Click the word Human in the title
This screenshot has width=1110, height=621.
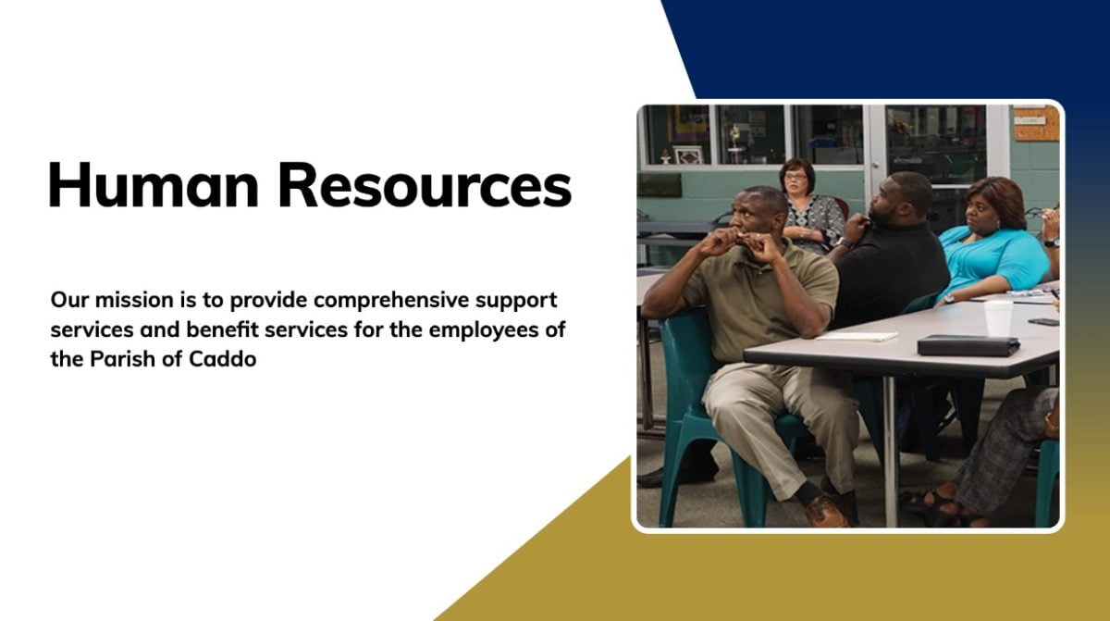tap(154, 184)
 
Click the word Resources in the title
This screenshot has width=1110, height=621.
tap(425, 184)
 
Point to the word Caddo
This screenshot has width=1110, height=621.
tap(223, 359)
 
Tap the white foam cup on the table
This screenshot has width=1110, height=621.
tap(998, 317)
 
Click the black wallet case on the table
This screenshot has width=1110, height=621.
tap(968, 345)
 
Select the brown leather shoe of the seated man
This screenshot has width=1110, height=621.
tap(825, 511)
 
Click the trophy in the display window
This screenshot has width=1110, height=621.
tap(735, 143)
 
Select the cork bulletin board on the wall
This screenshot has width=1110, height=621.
tap(1036, 123)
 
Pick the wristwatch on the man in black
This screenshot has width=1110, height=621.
tap(845, 242)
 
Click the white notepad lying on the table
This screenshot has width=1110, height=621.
tap(857, 337)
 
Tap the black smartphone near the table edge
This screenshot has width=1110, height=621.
tap(1043, 322)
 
